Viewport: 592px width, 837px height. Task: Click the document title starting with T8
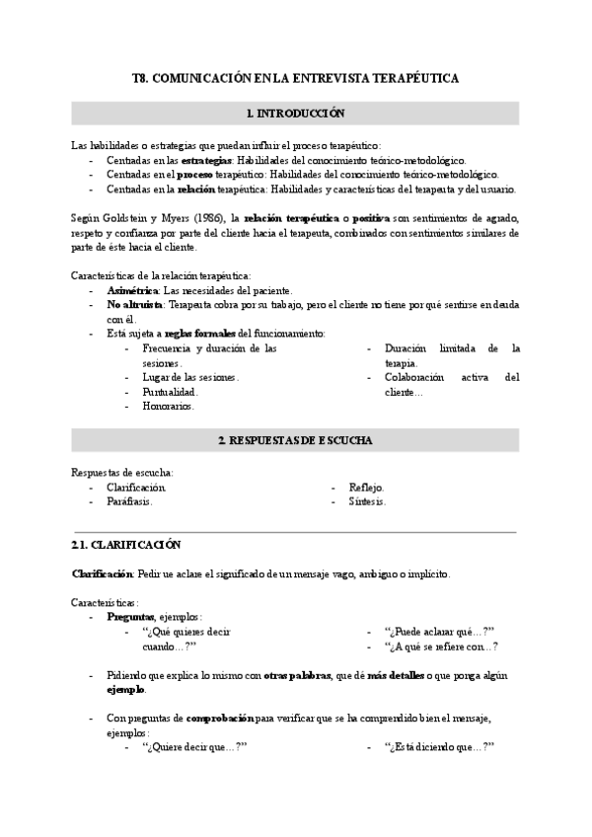coord(295,77)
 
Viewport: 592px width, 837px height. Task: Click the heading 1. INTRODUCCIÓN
coord(295,114)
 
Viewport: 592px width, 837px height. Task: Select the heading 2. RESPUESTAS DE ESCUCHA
coord(295,440)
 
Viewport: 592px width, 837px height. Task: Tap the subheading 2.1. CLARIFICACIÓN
coord(127,545)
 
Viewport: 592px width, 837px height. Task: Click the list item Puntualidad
coord(170,392)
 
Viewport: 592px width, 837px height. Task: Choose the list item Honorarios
coord(169,406)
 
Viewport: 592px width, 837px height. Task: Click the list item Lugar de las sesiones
coord(190,377)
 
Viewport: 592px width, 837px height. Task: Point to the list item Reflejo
coord(366,488)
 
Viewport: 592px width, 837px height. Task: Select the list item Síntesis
coord(367,501)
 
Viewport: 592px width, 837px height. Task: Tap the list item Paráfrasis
coord(130,501)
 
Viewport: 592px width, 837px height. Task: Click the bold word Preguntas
coord(132,617)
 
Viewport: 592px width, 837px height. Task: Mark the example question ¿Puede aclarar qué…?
coord(438,632)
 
